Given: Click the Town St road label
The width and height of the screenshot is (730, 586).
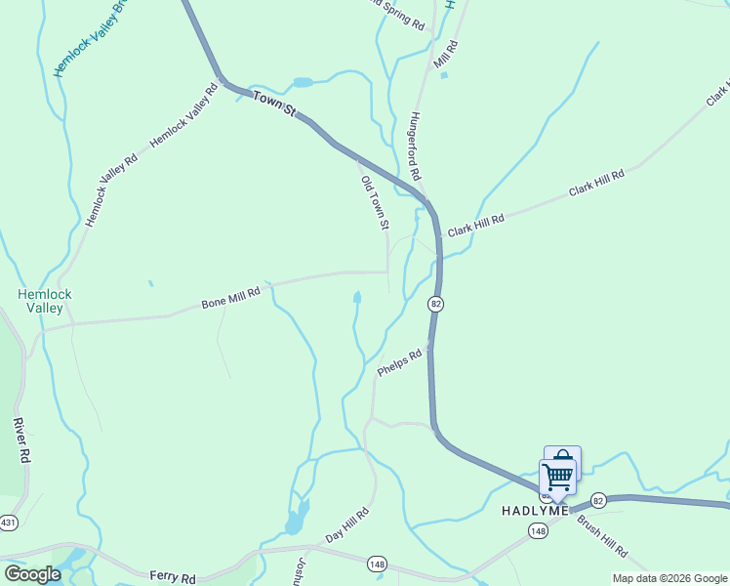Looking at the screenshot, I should [x=274, y=104].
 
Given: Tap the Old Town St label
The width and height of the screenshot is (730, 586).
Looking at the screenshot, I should [x=375, y=203].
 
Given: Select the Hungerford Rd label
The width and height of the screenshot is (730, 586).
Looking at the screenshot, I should [x=414, y=146].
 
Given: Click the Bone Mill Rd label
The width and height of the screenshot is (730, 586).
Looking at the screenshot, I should [x=231, y=296].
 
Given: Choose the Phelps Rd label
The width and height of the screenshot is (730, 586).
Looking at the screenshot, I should [x=399, y=362].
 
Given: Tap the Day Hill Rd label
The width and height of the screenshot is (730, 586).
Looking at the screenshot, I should [x=347, y=525].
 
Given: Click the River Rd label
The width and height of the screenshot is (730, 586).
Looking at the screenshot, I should [x=20, y=440].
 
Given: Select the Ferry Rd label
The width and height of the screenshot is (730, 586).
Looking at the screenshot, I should [x=174, y=577].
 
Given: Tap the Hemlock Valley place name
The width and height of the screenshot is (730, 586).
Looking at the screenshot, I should [x=45, y=301].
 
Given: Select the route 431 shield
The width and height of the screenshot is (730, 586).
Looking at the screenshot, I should [x=7, y=523].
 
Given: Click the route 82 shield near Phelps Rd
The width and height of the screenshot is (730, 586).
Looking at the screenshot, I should [x=435, y=305].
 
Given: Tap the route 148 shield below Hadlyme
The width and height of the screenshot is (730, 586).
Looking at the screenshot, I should [x=538, y=530].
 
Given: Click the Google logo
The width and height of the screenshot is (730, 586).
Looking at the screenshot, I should [x=32, y=574].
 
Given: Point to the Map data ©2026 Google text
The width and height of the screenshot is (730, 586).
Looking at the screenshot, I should [x=669, y=578].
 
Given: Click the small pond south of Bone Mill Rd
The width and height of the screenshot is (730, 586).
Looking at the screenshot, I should [x=357, y=297].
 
